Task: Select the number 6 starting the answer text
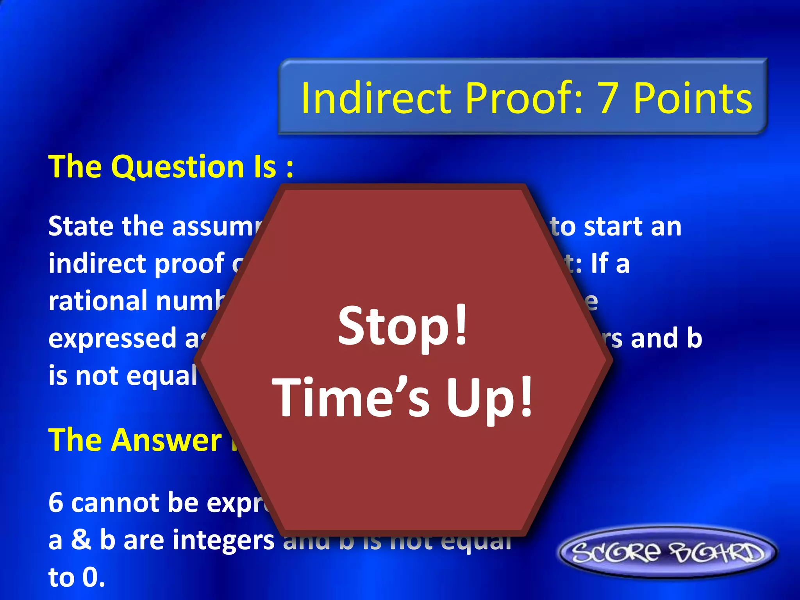[56, 503]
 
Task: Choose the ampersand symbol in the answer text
[81, 540]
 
